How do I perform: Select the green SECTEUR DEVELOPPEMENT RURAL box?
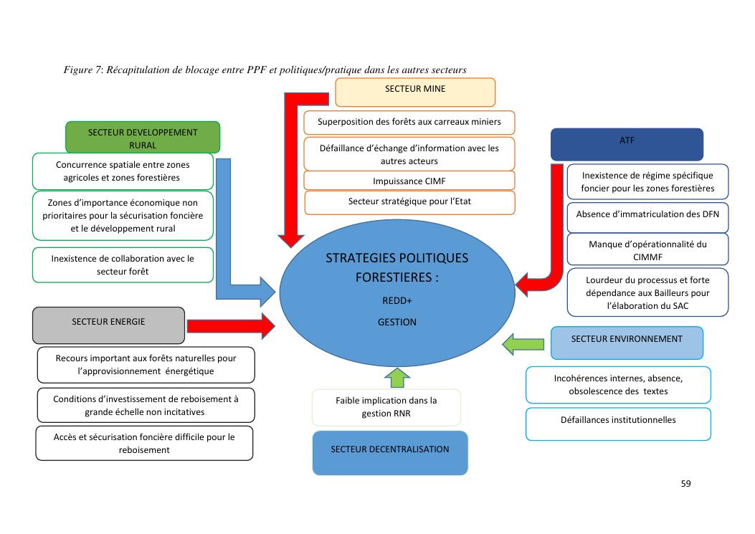click(143, 137)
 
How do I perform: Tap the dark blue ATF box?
click(627, 143)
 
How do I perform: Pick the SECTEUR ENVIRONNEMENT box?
click(627, 343)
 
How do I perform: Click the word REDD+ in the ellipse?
click(397, 301)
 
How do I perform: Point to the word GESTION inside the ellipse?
click(397, 323)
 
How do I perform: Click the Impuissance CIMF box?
click(409, 181)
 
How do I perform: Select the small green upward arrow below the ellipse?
click(396, 377)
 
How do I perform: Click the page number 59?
click(685, 484)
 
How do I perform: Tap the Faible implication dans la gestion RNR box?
click(386, 407)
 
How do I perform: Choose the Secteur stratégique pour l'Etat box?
click(409, 202)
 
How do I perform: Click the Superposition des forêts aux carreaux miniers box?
click(409, 122)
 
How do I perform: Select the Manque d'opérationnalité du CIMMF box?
click(647, 249)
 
